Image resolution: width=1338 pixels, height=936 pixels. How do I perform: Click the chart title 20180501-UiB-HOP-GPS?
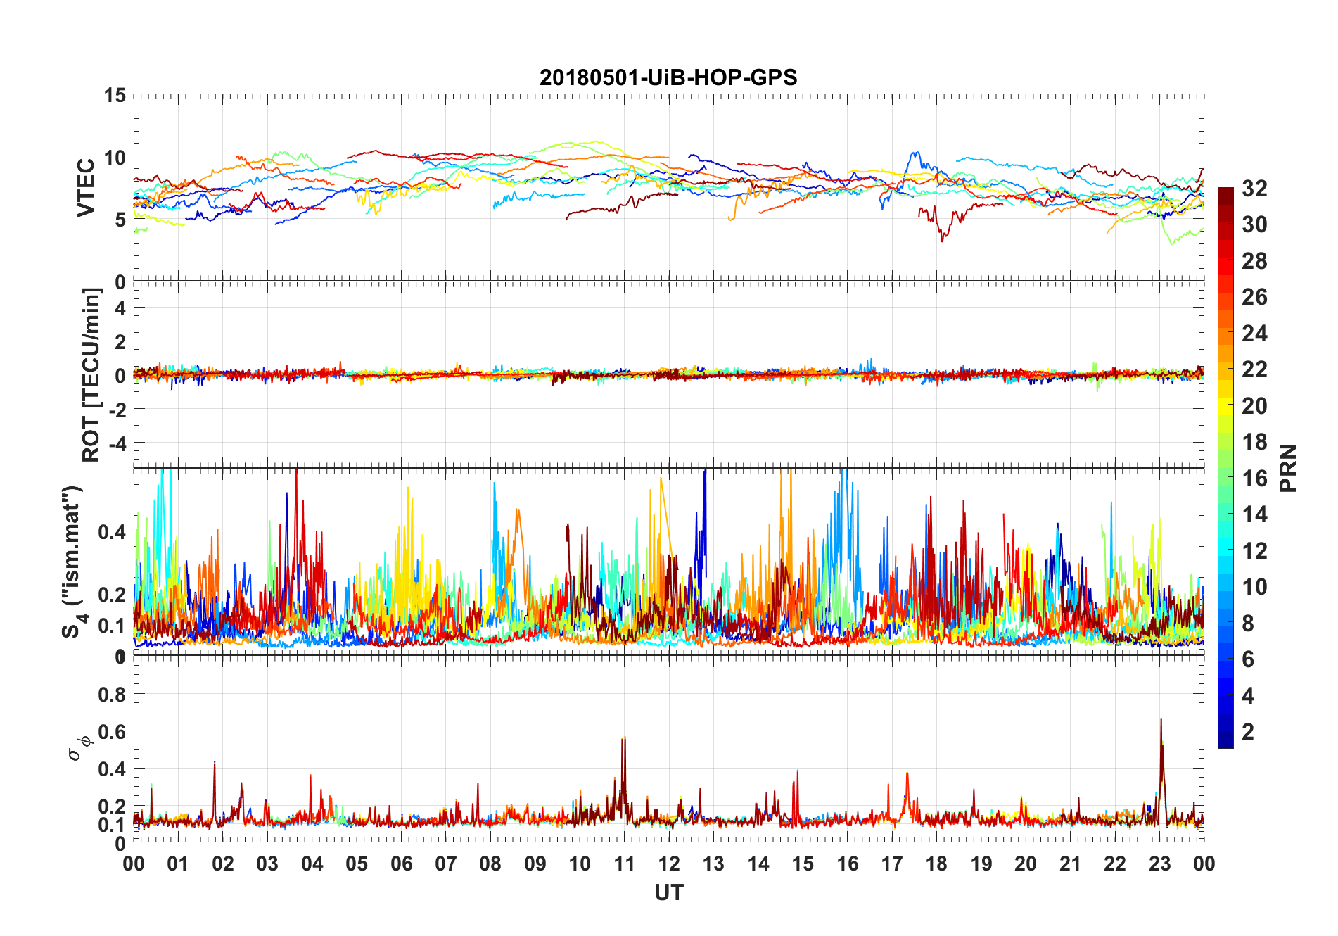pos(668,77)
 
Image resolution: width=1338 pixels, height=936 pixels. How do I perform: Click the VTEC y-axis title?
pos(86,188)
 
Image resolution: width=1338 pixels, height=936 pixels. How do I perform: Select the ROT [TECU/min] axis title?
pos(91,374)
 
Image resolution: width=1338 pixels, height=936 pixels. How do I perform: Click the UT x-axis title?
pos(668,892)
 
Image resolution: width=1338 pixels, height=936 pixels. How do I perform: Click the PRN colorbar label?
pos(1289,468)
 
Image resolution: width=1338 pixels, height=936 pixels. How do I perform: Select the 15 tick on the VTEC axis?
pos(115,96)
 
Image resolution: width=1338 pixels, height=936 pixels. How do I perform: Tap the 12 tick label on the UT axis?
pos(669,864)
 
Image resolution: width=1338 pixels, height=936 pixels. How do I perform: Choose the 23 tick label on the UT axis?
pos(1159,864)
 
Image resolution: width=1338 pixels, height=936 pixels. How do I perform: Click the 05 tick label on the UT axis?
pos(357,864)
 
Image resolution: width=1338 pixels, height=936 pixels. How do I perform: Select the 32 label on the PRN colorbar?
pos(1254,188)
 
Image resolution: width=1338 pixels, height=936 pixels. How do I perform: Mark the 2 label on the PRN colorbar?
pos(1248,732)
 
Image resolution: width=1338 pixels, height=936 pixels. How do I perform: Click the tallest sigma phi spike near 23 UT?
pos(1161,719)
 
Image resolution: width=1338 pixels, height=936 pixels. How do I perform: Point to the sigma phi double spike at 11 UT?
pos(623,739)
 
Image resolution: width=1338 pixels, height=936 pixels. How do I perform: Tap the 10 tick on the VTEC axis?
pos(115,158)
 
